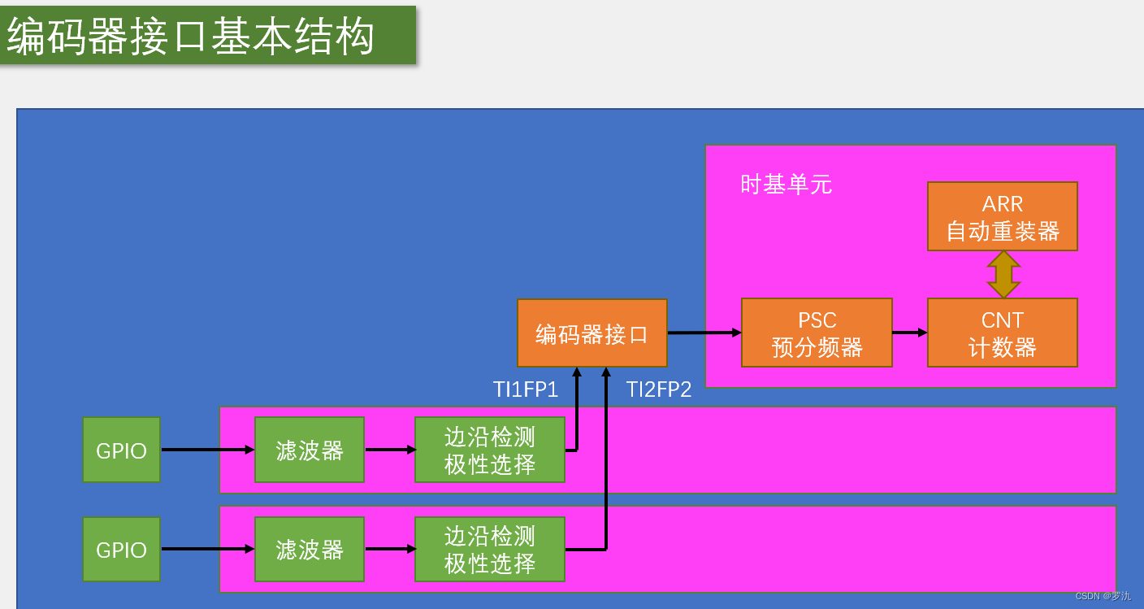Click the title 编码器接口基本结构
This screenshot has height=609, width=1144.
[192, 37]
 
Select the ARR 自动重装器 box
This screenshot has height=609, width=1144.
[1002, 217]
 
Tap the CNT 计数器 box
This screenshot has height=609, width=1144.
[1002, 333]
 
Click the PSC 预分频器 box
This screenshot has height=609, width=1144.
[817, 333]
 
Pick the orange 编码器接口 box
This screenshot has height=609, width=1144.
[591, 333]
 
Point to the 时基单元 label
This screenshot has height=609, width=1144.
[786, 185]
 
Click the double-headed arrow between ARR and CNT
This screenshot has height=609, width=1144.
[1003, 275]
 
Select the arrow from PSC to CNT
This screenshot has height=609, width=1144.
[909, 332]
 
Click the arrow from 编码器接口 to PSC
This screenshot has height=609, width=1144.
[704, 332]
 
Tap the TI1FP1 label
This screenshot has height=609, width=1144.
[526, 389]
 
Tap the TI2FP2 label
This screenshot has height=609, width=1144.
[659, 389]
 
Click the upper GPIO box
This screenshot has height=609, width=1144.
[121, 450]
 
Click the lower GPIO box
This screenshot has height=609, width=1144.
[121, 550]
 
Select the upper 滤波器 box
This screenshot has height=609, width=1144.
[309, 450]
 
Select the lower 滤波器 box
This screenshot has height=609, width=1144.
[309, 550]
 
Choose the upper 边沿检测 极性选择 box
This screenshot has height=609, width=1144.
[489, 450]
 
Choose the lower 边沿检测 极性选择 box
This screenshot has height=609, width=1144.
[489, 550]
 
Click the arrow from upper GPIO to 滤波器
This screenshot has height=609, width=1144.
[207, 449]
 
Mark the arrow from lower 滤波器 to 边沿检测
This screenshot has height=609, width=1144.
[390, 549]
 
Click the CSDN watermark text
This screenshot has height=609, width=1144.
[1103, 596]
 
